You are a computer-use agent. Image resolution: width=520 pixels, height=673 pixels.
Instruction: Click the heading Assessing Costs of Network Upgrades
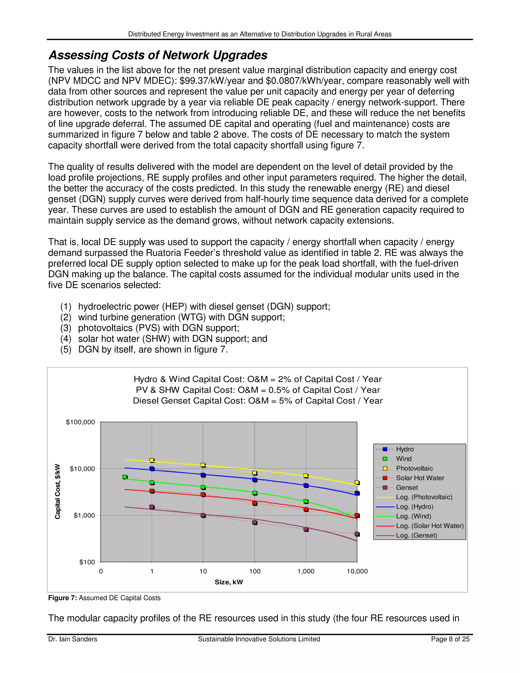pos(158,55)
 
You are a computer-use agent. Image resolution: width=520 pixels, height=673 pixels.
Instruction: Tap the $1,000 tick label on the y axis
pos(84,515)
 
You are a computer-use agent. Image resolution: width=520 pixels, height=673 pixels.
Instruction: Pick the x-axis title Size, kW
pos(229,582)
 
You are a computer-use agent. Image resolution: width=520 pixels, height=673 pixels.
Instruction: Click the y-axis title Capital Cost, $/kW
pos(58,491)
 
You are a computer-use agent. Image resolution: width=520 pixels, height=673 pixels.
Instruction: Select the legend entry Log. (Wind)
pos(413,516)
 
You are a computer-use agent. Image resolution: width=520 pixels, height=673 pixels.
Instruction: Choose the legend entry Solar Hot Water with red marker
pos(420,478)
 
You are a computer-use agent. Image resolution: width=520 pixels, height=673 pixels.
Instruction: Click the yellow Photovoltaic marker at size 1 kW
pos(152,460)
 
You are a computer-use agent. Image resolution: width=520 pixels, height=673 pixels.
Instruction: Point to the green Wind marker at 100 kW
pos(255,493)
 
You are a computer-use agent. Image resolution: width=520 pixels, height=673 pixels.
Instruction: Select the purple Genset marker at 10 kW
pos(203,515)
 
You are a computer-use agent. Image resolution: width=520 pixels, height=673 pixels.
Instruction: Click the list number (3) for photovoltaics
pos(66,328)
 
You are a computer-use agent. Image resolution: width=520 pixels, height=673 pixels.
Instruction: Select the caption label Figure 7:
pos(62,598)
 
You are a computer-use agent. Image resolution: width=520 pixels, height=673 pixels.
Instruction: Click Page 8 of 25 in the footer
pos(450,639)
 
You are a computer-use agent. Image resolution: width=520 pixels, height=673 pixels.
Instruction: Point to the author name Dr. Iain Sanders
pos(72,639)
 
